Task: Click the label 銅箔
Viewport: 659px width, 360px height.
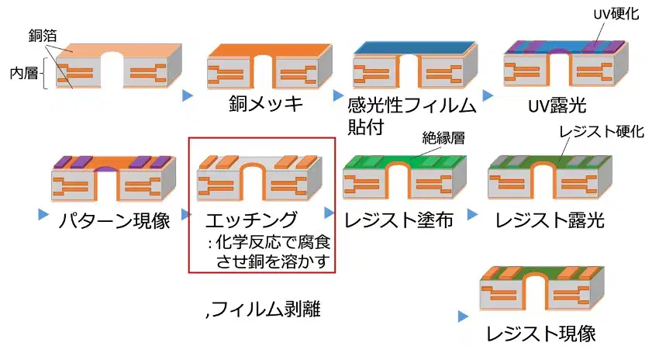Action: coord(43,36)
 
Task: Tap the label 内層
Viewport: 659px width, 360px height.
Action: coord(24,73)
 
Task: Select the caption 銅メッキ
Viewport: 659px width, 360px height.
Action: coord(266,103)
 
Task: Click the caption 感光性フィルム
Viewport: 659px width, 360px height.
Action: coord(412,106)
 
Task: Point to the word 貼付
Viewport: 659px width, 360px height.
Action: coord(366,126)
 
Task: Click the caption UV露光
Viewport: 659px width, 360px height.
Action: coord(557,106)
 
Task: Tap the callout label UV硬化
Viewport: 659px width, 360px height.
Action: coord(616,14)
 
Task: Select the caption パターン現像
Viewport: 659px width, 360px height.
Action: coord(114,220)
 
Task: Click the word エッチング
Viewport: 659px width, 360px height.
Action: coord(251,220)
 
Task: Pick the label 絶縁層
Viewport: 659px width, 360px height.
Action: coord(443,138)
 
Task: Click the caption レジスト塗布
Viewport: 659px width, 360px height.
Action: coord(399,220)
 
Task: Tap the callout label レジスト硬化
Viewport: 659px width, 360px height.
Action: coord(602,132)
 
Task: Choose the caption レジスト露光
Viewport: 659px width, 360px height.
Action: coord(550,220)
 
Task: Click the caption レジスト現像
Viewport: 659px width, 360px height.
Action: coord(541,334)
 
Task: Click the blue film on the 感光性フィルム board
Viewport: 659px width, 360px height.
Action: coord(414,48)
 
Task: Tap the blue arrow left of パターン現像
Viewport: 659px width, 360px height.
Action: coord(43,214)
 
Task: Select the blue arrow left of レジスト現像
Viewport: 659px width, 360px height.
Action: coord(463,317)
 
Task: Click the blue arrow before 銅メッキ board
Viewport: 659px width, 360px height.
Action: coord(188,95)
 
